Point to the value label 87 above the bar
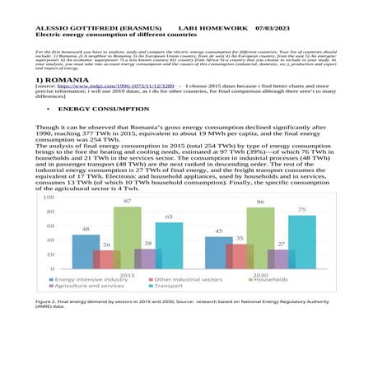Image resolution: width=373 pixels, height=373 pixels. pos(128,201)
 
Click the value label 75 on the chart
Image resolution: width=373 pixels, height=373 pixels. pos(301,210)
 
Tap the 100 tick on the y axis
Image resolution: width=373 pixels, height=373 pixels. pos(49,198)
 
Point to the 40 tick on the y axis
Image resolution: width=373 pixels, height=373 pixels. pos(50,240)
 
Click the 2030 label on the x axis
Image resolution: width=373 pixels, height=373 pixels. pos(260,275)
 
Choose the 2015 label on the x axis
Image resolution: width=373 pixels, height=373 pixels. pos(128,275)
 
